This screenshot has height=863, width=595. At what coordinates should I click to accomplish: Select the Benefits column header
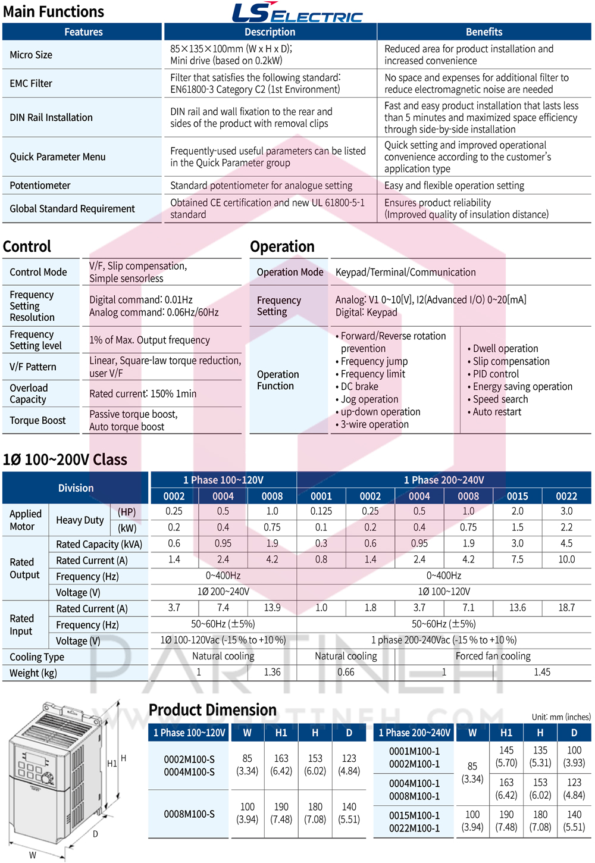click(484, 32)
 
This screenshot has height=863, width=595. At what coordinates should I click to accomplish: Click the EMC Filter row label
click(31, 83)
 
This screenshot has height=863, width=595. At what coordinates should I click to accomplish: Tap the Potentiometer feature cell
click(40, 185)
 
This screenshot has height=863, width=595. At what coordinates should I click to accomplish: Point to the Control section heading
click(27, 246)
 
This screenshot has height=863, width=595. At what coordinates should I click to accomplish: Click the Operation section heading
click(282, 246)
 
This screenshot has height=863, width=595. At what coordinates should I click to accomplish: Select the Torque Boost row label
click(37, 420)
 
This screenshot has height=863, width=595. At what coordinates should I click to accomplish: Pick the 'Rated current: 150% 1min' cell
click(143, 393)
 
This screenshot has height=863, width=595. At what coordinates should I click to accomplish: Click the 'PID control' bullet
click(496, 374)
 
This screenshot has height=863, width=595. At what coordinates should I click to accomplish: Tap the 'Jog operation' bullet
click(369, 399)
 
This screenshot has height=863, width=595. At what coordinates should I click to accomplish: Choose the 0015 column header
click(517, 496)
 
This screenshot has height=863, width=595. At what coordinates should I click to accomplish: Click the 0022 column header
click(566, 496)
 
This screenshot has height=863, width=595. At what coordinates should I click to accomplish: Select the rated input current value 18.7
click(566, 608)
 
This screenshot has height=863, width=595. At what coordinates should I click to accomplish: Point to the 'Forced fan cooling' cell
click(493, 656)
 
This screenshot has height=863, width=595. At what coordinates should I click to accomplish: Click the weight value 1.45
click(541, 672)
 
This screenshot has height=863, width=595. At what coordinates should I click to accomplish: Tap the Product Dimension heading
click(212, 709)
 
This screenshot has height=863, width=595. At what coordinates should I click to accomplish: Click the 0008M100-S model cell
click(189, 814)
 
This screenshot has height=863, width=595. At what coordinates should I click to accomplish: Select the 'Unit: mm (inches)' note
click(561, 717)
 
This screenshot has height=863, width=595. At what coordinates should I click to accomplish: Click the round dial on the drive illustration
click(46, 777)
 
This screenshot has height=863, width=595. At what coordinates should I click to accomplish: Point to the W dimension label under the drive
click(33, 855)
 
